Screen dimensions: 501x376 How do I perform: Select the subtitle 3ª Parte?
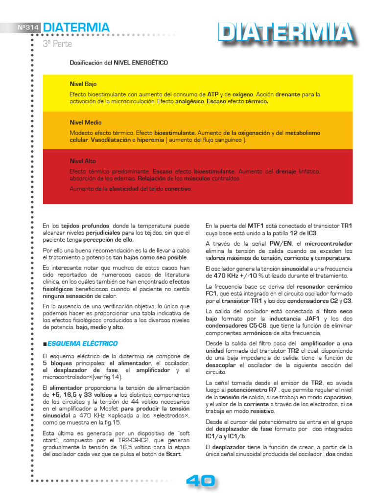coord(57,44)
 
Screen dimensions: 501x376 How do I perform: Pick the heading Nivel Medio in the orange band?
coord(86,122)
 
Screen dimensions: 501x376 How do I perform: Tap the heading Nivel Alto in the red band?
coord(83,161)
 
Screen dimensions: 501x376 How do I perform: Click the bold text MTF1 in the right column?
coord(256,226)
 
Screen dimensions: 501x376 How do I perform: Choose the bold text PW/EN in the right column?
coord(280,243)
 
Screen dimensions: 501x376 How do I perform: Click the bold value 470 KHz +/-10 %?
coord(236,276)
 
